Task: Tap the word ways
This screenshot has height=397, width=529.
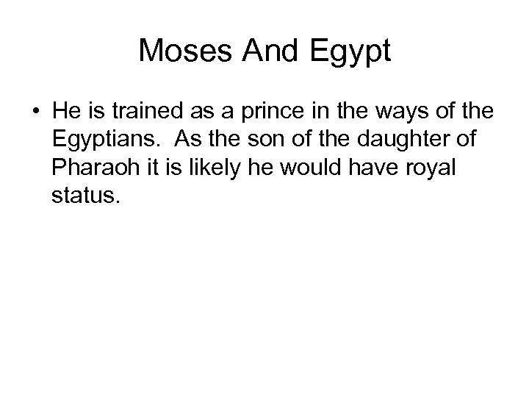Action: point(375,112)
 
